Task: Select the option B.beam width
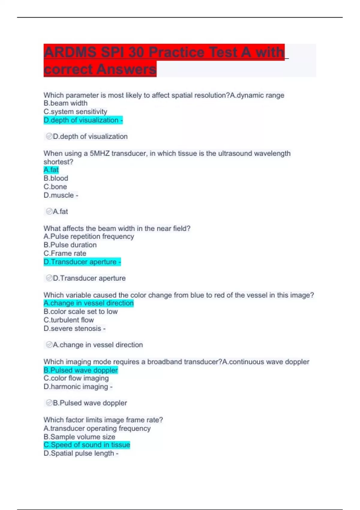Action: (65, 103)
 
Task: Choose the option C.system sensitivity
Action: (75, 112)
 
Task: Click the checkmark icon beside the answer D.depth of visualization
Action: (49, 136)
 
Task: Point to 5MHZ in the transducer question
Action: (100, 153)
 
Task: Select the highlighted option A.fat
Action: (51, 170)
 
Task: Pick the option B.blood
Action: (56, 178)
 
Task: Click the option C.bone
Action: (55, 187)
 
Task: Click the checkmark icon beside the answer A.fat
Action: (49, 211)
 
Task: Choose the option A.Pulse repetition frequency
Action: (89, 236)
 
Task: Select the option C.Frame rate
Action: (65, 253)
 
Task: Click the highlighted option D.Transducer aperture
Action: (82, 262)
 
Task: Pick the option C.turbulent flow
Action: (69, 320)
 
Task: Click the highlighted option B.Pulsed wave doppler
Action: (81, 370)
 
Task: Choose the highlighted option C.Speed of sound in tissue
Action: (87, 445)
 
